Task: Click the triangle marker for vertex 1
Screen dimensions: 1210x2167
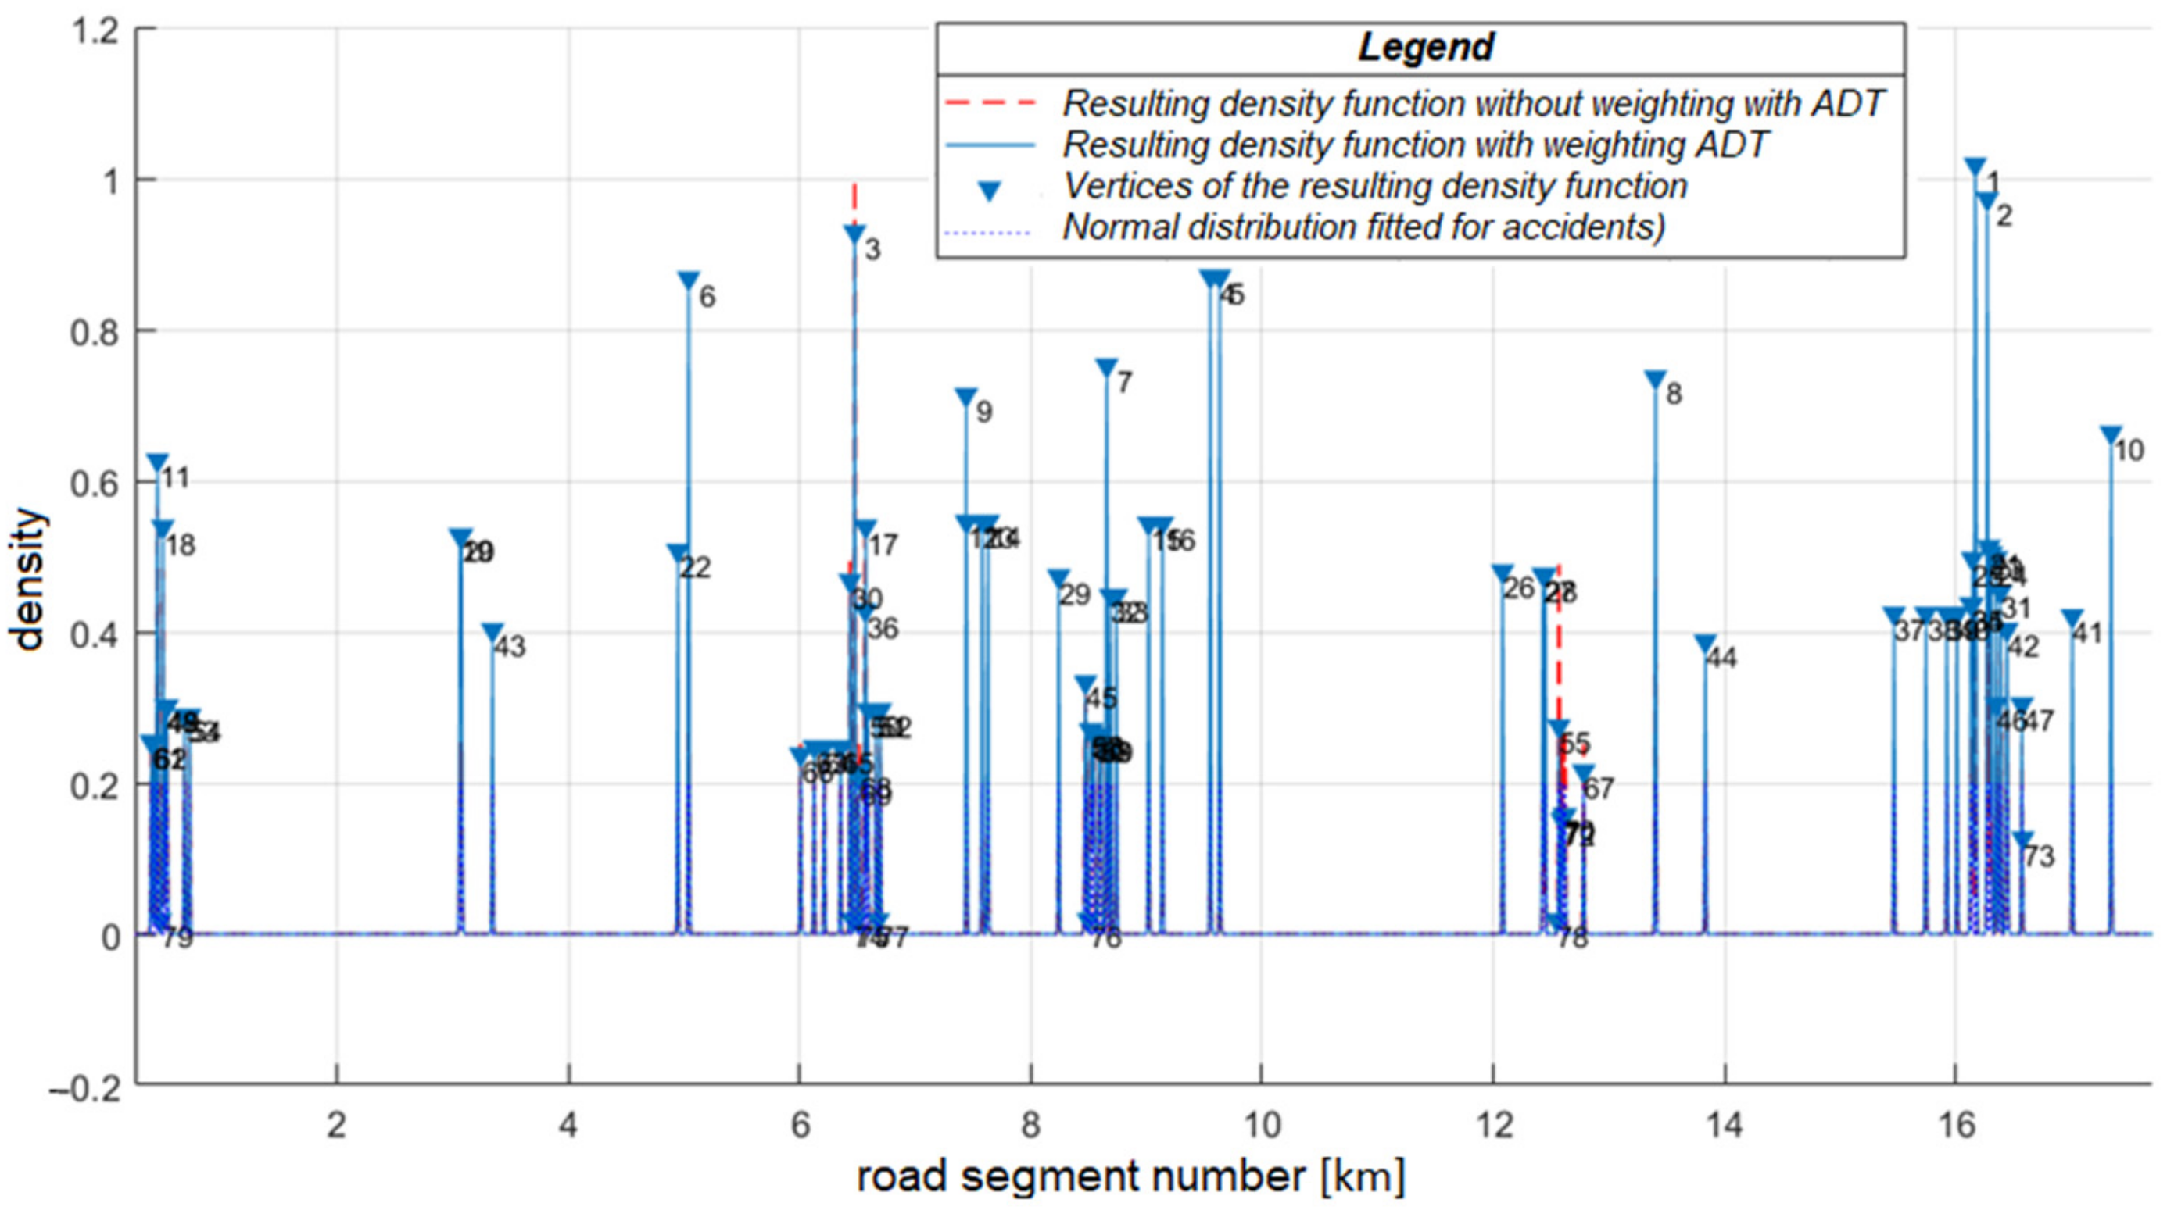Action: point(1975,167)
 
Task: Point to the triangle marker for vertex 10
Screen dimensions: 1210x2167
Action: point(2111,436)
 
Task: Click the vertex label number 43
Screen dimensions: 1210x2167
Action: point(509,647)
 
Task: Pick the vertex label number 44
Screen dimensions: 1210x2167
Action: point(1721,658)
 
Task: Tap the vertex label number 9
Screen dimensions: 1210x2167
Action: point(983,412)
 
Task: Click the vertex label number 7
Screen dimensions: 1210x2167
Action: point(1125,384)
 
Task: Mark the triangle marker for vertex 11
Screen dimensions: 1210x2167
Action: point(157,462)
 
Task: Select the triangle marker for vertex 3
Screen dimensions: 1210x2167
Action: point(854,234)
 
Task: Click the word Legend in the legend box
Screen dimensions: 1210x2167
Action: point(1425,48)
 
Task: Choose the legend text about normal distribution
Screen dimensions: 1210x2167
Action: point(1363,227)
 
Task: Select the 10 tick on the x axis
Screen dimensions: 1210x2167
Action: point(1261,1124)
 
